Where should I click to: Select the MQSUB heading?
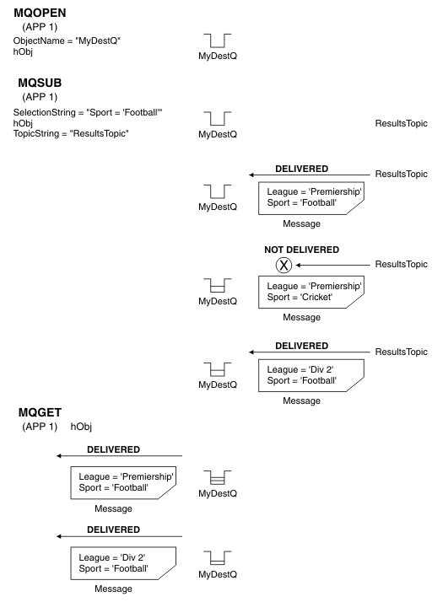(x=36, y=84)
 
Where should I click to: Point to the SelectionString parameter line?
(x=75, y=112)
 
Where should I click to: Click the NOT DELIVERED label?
(x=301, y=250)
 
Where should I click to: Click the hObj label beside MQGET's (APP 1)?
(x=82, y=426)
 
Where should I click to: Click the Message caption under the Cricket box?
(x=301, y=317)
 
